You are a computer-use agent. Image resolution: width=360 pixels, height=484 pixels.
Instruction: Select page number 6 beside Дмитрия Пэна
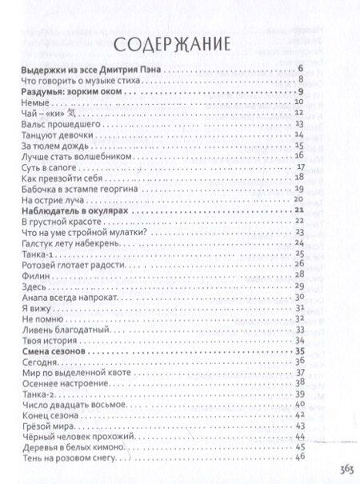pyautogui.click(x=299, y=70)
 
